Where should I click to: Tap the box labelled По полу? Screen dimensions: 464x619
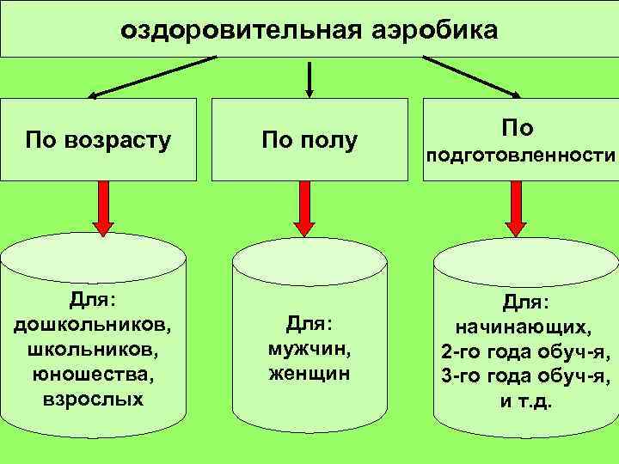point(309,139)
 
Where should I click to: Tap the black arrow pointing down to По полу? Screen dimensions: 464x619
point(309,77)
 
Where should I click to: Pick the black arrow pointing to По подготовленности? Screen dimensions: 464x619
point(471,76)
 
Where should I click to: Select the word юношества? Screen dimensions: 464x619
point(93,375)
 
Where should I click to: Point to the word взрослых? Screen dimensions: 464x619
point(93,400)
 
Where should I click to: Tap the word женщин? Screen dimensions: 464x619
point(309,374)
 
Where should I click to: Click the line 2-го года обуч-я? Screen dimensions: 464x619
point(525,352)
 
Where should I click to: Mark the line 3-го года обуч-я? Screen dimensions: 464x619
point(525,376)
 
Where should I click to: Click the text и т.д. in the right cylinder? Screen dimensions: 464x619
point(526,401)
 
